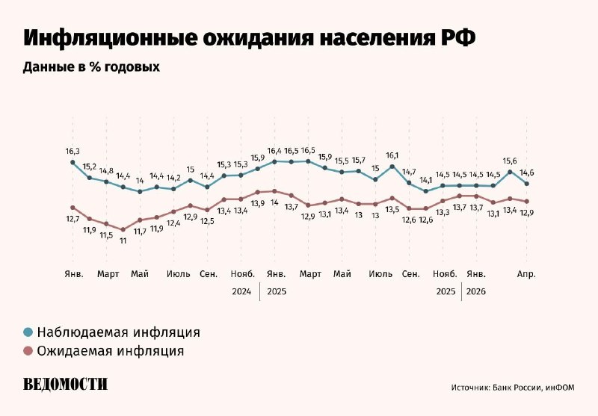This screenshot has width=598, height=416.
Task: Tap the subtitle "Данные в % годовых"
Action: (x=92, y=67)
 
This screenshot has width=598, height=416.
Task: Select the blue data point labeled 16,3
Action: (x=73, y=162)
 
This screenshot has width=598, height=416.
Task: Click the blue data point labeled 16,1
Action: (x=392, y=167)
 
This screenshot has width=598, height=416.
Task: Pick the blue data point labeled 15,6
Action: (x=510, y=172)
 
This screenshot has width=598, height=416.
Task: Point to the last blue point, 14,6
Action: (x=527, y=184)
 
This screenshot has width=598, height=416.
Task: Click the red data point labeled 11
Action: (x=123, y=229)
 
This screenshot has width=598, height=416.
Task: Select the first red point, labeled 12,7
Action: (x=73, y=208)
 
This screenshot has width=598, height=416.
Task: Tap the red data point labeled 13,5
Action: (x=392, y=198)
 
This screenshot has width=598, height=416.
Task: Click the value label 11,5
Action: (x=106, y=235)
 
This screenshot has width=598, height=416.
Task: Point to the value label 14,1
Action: (x=426, y=180)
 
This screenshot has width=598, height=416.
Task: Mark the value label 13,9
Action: (x=257, y=203)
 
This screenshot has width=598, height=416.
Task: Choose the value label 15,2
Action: (x=90, y=167)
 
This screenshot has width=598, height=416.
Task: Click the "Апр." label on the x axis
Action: (x=527, y=274)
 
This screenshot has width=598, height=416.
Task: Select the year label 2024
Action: (x=241, y=291)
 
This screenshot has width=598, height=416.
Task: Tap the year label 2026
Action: (x=476, y=291)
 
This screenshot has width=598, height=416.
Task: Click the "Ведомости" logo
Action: (x=65, y=384)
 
